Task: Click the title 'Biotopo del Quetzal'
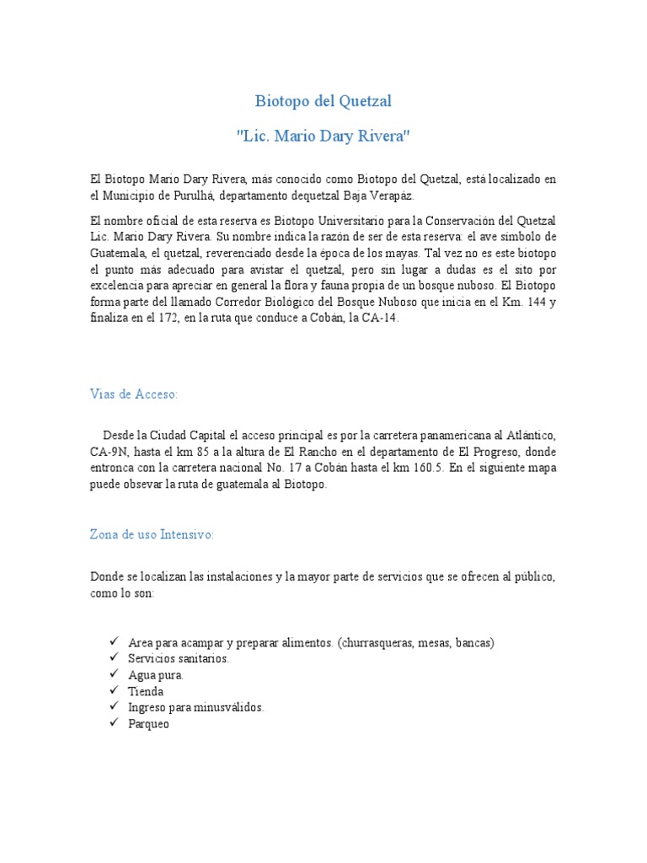click(x=323, y=102)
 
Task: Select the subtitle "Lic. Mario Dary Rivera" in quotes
click(x=323, y=136)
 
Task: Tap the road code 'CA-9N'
click(x=109, y=451)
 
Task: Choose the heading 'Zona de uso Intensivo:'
click(x=152, y=534)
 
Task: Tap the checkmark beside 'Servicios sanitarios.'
click(x=112, y=657)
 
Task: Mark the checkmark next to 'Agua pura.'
click(x=112, y=674)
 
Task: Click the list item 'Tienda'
click(x=146, y=691)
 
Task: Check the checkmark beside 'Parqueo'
click(x=112, y=723)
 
